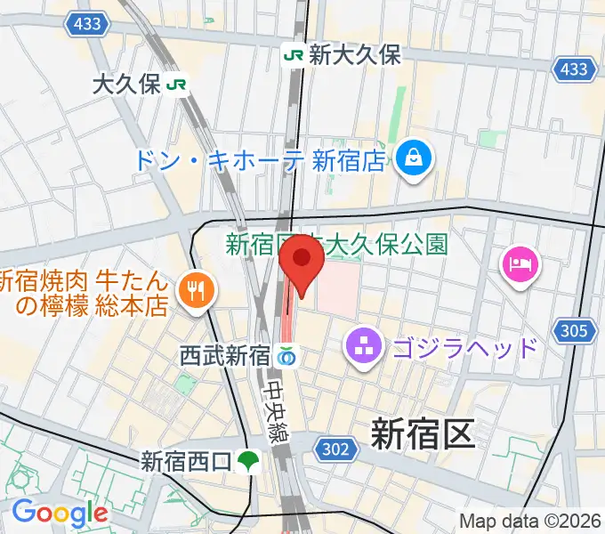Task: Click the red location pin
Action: click(x=302, y=260)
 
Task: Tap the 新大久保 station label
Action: click(x=355, y=55)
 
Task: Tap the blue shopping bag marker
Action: click(x=414, y=159)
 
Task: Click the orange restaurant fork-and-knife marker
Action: click(x=193, y=290)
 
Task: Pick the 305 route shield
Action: click(x=576, y=331)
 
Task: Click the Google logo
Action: click(x=59, y=514)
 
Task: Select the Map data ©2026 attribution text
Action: click(x=529, y=521)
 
